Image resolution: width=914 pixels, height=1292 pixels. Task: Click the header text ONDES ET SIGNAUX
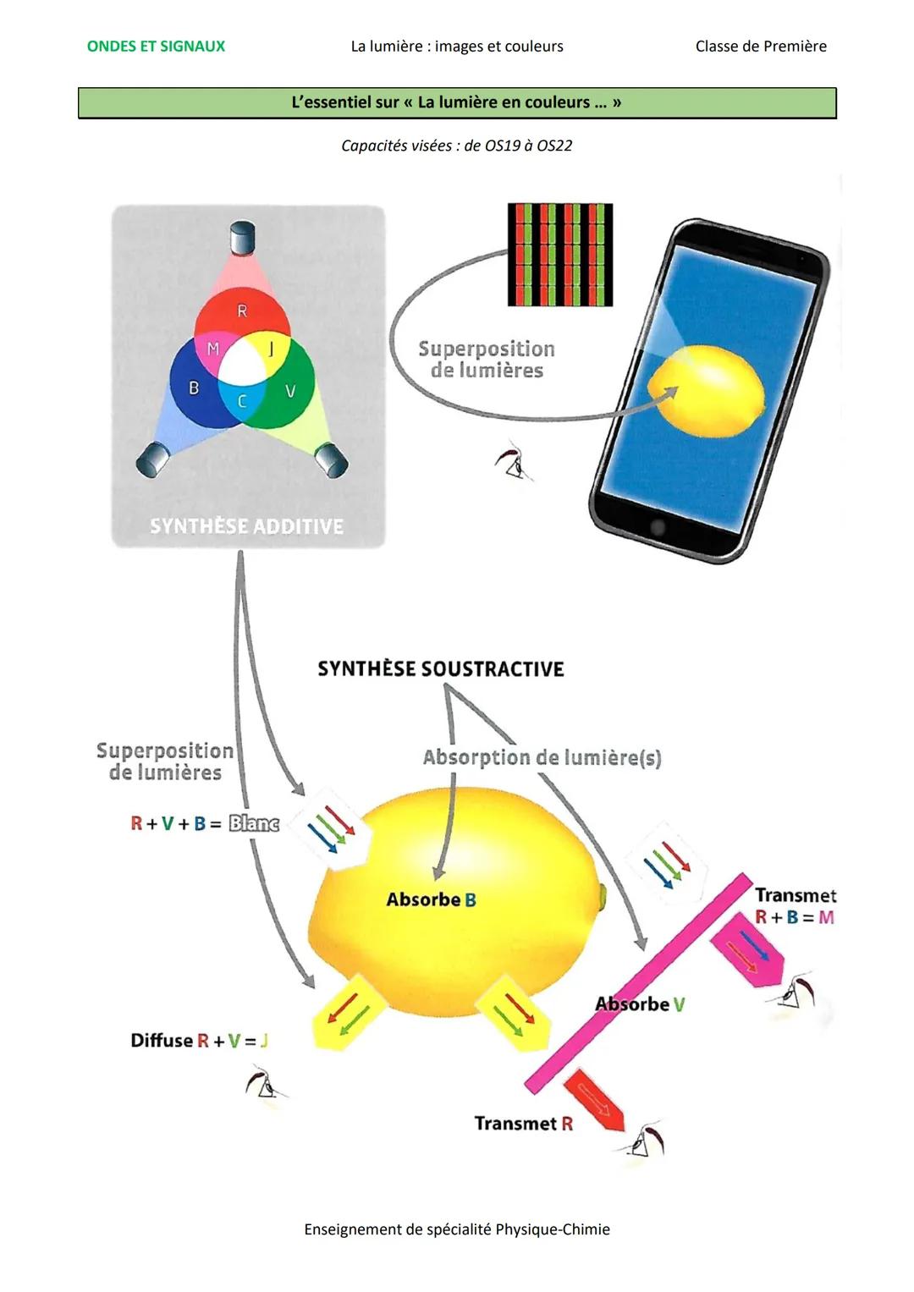(x=156, y=47)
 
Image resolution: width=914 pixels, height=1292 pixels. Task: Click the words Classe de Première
(x=760, y=47)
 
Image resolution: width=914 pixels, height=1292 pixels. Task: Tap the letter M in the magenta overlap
(x=213, y=349)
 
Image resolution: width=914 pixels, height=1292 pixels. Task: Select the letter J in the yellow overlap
(x=271, y=348)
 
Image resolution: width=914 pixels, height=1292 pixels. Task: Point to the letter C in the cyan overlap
(x=242, y=401)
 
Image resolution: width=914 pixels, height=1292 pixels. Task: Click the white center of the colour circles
(x=243, y=365)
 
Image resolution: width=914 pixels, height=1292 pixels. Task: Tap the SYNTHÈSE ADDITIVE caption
(x=246, y=526)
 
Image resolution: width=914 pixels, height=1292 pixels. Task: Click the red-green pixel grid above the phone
(x=559, y=254)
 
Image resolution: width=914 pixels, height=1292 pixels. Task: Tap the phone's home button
(x=658, y=527)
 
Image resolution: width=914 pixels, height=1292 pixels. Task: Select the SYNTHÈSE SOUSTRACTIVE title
(x=440, y=669)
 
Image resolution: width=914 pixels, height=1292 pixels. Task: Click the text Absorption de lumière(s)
(x=542, y=757)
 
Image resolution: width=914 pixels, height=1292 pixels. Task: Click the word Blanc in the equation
(x=254, y=823)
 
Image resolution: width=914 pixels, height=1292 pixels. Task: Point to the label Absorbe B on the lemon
(x=431, y=899)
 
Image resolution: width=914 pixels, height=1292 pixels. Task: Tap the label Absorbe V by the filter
(x=639, y=1004)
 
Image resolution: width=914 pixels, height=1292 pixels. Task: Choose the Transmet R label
(x=523, y=1124)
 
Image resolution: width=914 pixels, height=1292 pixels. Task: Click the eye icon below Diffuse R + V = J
(x=265, y=1086)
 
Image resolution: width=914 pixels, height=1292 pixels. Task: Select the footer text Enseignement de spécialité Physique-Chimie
(x=456, y=1229)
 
